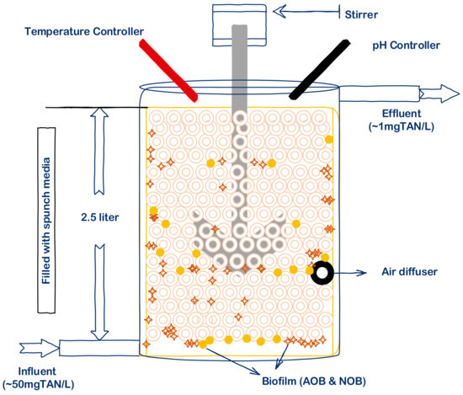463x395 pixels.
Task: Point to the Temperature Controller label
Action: (85, 31)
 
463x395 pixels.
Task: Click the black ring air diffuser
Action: (322, 272)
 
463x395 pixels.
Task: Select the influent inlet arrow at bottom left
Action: (38, 345)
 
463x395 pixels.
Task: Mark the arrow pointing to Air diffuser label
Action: (354, 272)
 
